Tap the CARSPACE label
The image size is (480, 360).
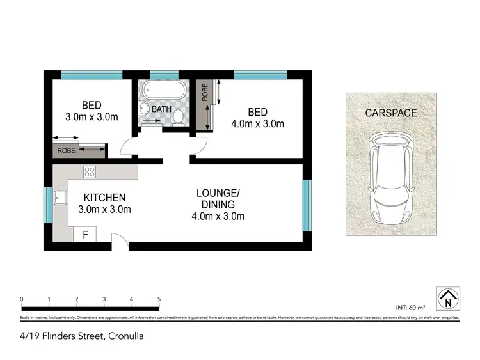click(390, 113)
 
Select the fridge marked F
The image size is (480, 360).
click(84, 235)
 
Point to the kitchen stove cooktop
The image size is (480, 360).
click(90, 171)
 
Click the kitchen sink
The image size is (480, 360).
click(61, 198)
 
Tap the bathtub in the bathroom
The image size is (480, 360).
click(164, 91)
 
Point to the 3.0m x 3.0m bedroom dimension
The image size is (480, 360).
click(92, 117)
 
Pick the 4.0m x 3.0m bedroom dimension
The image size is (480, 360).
click(257, 124)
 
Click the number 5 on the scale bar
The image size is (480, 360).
click(158, 299)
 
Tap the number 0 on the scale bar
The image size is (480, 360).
click(22, 299)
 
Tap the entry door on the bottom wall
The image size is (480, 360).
click(120, 241)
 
